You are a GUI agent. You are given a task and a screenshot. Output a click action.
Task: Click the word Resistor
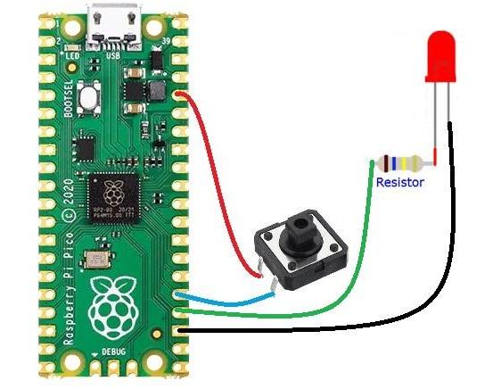[x=399, y=182]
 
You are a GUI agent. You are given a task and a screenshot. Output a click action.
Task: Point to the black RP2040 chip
[x=112, y=198]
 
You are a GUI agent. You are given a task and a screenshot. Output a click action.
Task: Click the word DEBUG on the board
[x=113, y=353]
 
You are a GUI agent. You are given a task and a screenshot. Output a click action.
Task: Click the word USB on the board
[x=113, y=55]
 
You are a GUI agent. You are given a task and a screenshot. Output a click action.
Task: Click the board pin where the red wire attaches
[x=182, y=93]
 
